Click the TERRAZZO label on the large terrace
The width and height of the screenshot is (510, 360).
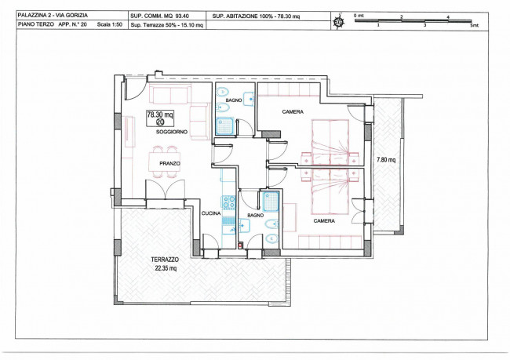point(165,260)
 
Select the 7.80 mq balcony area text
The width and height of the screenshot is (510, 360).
point(386,160)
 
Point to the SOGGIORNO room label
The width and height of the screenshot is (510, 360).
point(172,132)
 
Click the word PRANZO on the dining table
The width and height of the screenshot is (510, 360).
point(169,164)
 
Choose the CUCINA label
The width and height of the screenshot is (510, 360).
point(211,213)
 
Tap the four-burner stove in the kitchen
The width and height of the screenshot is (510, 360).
point(228,202)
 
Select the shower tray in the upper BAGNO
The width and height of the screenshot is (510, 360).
point(224,126)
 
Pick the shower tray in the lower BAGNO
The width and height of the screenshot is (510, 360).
point(271,202)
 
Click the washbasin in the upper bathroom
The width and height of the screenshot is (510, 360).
point(249,98)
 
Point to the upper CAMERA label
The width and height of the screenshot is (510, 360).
point(293,112)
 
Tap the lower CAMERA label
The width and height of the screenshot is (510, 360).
point(324,221)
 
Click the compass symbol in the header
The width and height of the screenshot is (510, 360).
point(339,21)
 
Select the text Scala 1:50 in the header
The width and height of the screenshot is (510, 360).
point(110,24)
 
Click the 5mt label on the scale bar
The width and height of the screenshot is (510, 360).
point(475,25)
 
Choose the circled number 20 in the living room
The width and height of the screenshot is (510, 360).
point(160,122)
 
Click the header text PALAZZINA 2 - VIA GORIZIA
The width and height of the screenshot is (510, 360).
point(53,15)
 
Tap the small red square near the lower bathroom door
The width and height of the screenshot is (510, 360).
point(240,245)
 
